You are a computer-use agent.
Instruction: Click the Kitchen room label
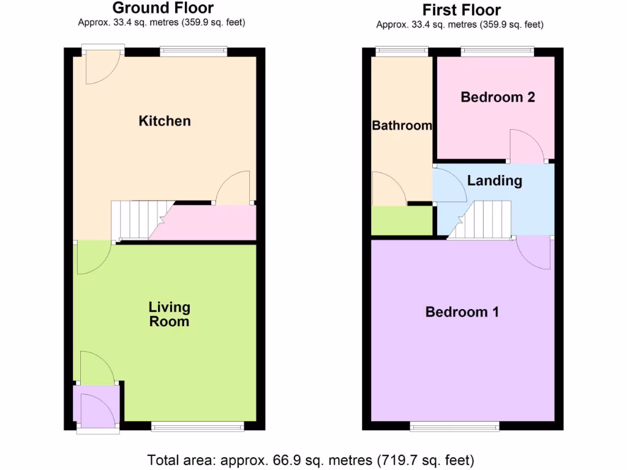tap(165, 121)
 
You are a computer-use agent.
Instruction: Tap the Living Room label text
tap(170, 314)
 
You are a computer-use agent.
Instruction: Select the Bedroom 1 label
tap(462, 312)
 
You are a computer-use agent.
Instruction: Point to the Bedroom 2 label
tap(498, 97)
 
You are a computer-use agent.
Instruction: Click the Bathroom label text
tap(402, 125)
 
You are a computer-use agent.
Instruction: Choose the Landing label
tap(494, 181)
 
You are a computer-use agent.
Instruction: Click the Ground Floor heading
tap(163, 8)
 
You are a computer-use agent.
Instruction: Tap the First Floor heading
tap(461, 10)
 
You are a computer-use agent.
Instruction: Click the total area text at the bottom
tap(310, 459)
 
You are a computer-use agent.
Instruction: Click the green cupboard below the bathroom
tap(401, 220)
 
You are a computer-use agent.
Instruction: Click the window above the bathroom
tap(402, 51)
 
